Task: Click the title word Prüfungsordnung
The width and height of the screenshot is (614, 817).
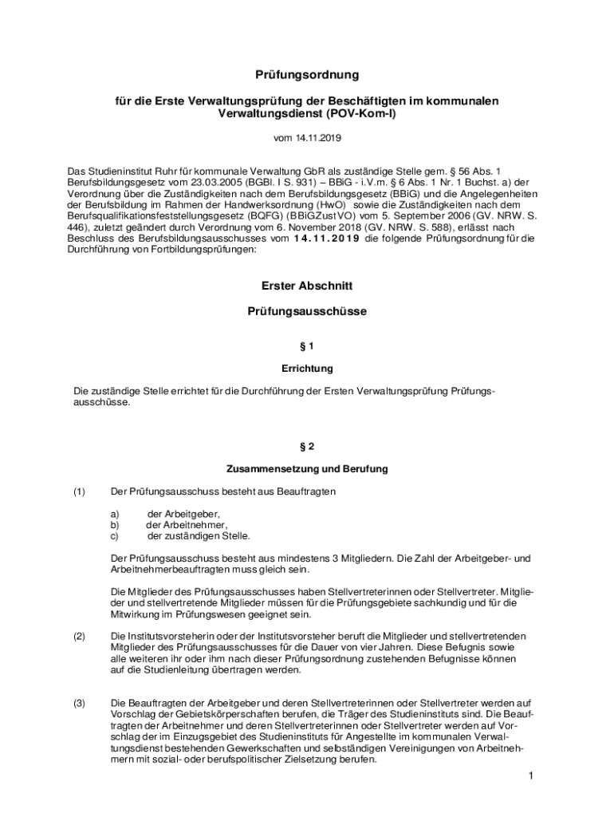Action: click(x=307, y=75)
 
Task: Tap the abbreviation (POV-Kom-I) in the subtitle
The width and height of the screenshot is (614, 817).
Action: click(x=356, y=114)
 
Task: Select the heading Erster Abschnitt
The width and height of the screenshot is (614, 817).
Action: click(x=307, y=286)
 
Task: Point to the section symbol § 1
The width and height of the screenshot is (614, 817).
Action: click(x=307, y=346)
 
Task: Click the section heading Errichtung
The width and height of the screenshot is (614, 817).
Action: click(x=307, y=369)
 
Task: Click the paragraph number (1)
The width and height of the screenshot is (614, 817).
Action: click(x=79, y=491)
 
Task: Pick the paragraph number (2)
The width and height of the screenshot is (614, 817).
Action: click(x=79, y=636)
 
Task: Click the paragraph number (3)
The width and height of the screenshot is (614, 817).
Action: click(x=79, y=703)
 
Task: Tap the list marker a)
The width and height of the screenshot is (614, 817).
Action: click(x=115, y=514)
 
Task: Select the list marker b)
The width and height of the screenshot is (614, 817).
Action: click(x=115, y=525)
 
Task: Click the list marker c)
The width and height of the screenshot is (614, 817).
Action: click(x=115, y=536)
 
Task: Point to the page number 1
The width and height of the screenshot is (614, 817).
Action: click(x=529, y=776)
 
